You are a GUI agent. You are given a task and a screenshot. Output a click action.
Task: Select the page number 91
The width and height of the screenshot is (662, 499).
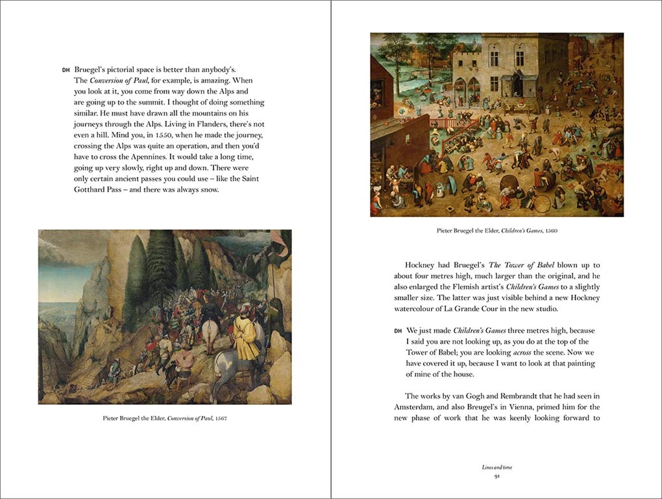[496, 476]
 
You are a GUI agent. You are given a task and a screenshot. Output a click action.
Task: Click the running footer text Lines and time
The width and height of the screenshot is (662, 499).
[496, 467]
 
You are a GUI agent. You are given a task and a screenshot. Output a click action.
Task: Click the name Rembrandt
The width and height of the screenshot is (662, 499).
[527, 396]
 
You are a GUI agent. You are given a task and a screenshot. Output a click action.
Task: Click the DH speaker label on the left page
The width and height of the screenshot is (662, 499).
[66, 70]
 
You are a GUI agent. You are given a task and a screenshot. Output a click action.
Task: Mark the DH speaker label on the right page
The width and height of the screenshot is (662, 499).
[398, 331]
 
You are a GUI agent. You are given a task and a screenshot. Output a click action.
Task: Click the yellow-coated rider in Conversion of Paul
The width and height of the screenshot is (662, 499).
[246, 333]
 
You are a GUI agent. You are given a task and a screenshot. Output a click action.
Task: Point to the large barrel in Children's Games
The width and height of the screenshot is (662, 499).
[507, 180]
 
